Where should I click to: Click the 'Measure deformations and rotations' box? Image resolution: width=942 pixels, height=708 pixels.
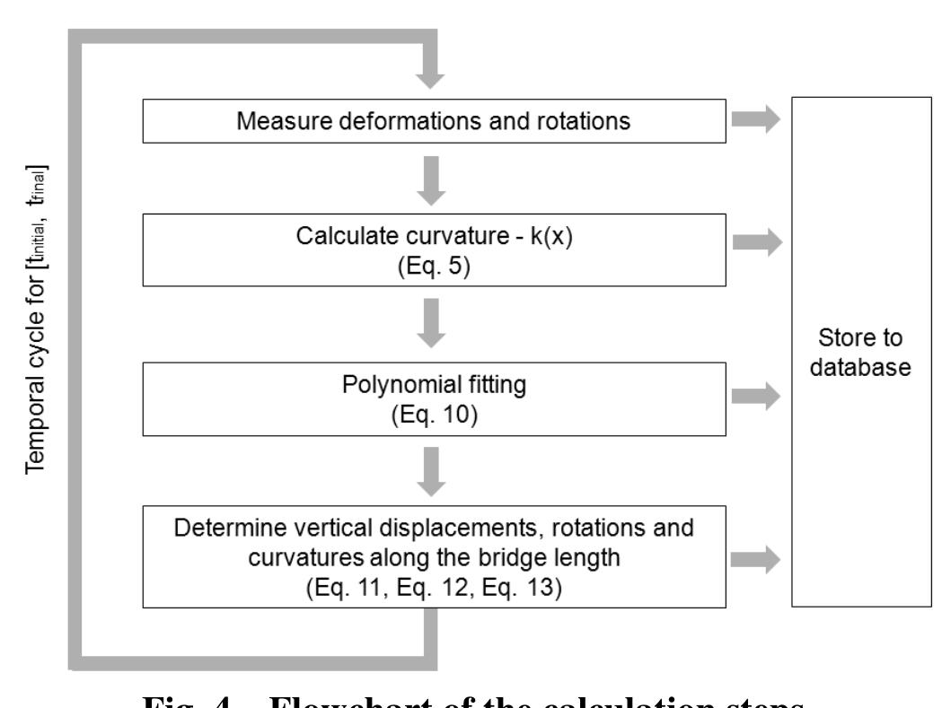click(x=434, y=121)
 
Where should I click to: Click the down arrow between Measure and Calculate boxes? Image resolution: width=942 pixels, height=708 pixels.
click(x=433, y=179)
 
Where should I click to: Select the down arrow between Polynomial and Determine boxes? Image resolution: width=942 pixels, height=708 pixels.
click(x=433, y=472)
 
